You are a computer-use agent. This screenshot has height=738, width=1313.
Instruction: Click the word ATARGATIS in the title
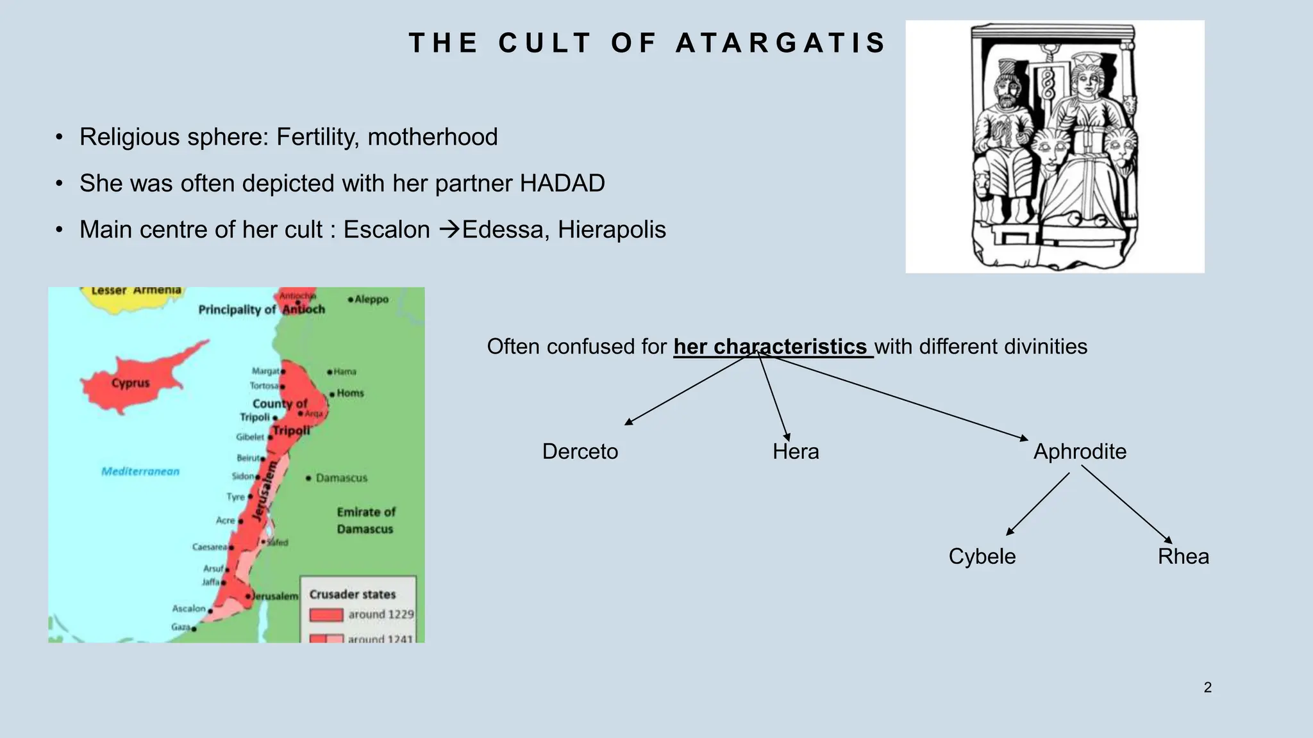tap(780, 43)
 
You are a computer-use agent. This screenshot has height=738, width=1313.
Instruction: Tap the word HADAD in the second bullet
tap(562, 183)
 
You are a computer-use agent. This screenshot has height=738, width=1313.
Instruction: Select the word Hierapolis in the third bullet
tap(612, 229)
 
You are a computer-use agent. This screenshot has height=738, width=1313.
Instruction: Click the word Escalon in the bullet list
tap(387, 229)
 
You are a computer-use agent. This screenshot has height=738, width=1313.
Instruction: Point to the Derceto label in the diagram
tap(580, 452)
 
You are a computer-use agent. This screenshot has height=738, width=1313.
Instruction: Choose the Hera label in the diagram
tap(796, 452)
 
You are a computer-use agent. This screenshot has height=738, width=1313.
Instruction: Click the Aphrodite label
tap(1080, 452)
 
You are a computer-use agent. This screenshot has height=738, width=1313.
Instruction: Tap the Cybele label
tap(982, 556)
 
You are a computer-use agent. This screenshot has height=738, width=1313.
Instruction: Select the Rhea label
tap(1183, 556)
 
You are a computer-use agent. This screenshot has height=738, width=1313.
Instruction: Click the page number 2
tap(1208, 687)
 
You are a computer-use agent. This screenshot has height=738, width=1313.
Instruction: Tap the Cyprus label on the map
tap(130, 383)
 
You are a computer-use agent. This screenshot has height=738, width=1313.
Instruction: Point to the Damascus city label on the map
tap(341, 478)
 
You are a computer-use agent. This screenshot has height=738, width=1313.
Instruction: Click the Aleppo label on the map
tap(371, 299)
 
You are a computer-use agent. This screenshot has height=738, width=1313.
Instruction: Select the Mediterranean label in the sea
tap(140, 471)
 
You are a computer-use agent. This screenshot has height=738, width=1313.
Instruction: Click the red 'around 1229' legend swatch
tap(326, 615)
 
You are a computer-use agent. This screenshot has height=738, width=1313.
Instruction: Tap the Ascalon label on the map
tap(188, 609)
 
